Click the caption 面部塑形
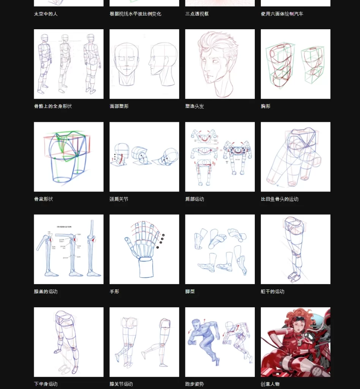pyautogui.click(x=119, y=106)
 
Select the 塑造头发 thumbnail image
pyautogui.click(x=220, y=64)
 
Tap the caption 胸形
pyautogui.click(x=265, y=106)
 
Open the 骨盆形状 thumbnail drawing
pyautogui.click(x=68, y=157)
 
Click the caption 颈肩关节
pyautogui.click(x=119, y=199)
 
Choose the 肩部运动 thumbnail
pyautogui.click(x=220, y=157)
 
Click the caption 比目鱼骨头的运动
pyautogui.click(x=279, y=199)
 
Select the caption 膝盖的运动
pyautogui.click(x=46, y=292)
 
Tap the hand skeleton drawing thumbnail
pyautogui.click(x=144, y=249)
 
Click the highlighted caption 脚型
pyautogui.click(x=190, y=292)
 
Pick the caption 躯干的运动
pyautogui.click(x=272, y=292)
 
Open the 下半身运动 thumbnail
pyautogui.click(x=68, y=342)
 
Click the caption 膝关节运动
pyautogui.click(x=121, y=384)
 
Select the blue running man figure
pyautogui.click(x=203, y=340)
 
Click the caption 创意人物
pyautogui.click(x=270, y=384)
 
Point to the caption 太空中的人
pyautogui.click(x=46, y=14)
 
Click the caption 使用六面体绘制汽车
pyautogui.click(x=282, y=14)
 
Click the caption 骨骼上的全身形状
pyautogui.click(x=53, y=106)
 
